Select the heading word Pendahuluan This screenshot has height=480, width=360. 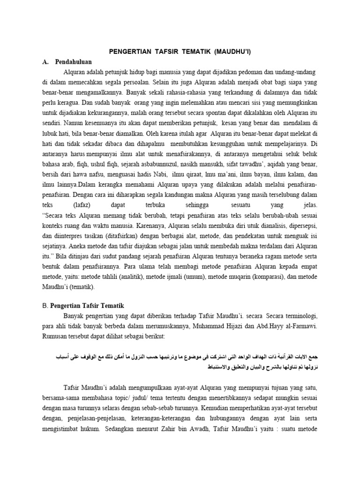point(73,61)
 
